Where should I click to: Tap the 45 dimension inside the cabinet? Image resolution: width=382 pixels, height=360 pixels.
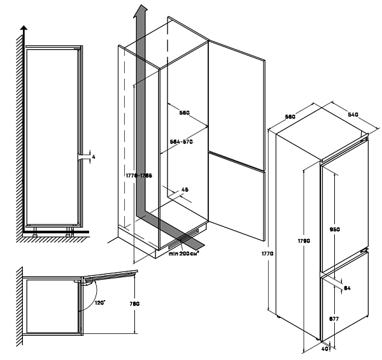pyautogui.click(x=185, y=189)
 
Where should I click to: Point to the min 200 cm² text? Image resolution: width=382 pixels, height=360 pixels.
pyautogui.click(x=184, y=253)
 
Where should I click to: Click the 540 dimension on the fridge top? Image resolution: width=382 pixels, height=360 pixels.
pyautogui.click(x=355, y=114)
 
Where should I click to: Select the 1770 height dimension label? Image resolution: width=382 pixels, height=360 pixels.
pyautogui.click(x=268, y=254)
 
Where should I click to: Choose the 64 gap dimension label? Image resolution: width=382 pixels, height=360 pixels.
pyautogui.click(x=348, y=289)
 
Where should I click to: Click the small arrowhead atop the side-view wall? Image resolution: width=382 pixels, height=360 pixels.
pyautogui.click(x=24, y=29)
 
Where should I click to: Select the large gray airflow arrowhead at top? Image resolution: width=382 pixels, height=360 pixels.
pyautogui.click(x=141, y=11)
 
